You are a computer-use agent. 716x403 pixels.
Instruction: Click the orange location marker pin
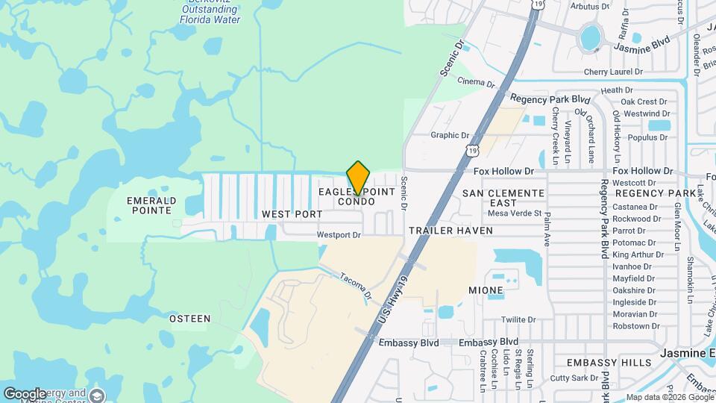[x=358, y=178]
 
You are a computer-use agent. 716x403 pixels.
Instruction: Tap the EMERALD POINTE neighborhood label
[x=151, y=205]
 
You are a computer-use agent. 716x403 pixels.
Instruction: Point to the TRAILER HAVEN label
[x=450, y=231]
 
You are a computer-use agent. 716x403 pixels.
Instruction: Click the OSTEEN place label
[x=189, y=319]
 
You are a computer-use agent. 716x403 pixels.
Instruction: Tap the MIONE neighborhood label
[x=486, y=290]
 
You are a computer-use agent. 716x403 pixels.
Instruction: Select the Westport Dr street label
[x=339, y=234]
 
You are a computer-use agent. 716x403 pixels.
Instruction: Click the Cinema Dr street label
[x=476, y=82]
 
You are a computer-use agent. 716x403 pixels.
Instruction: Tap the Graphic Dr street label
[x=450, y=135]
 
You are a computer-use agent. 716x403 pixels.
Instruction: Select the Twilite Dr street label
[x=519, y=319]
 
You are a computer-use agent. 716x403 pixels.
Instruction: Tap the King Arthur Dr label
[x=634, y=254]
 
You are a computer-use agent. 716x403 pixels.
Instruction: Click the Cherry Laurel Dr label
[x=613, y=72]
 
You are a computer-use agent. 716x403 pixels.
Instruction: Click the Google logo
[x=25, y=393]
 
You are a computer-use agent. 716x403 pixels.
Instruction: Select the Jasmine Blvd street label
[x=643, y=46]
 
